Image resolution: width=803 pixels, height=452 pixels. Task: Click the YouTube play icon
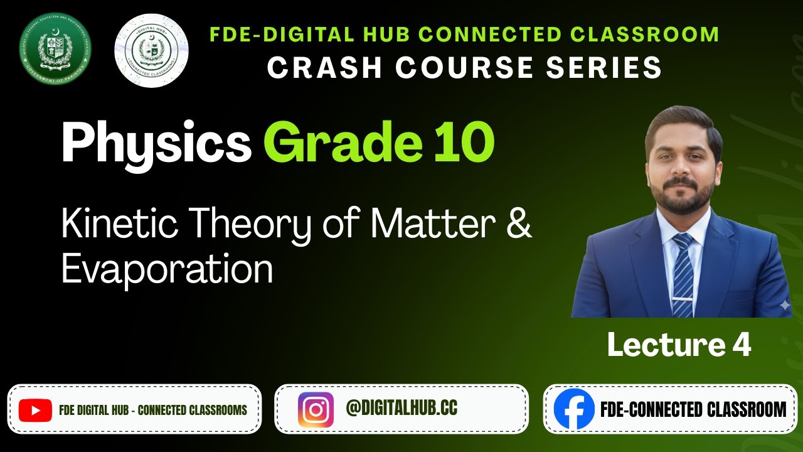[x=35, y=411]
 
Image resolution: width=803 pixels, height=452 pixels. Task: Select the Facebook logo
[x=573, y=409]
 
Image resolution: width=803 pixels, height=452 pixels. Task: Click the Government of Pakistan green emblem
[x=55, y=48]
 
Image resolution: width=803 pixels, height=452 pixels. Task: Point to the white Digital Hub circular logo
[x=151, y=50]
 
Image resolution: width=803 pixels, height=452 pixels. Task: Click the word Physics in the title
[x=156, y=143]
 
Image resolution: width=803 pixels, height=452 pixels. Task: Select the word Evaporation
[x=167, y=270]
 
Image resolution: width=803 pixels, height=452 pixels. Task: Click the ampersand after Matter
[x=518, y=225]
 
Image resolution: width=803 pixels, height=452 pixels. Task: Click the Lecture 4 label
[x=679, y=345]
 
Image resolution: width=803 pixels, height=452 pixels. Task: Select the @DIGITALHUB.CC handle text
[x=401, y=409]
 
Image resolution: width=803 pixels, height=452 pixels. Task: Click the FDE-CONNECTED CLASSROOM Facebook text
[x=693, y=410]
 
